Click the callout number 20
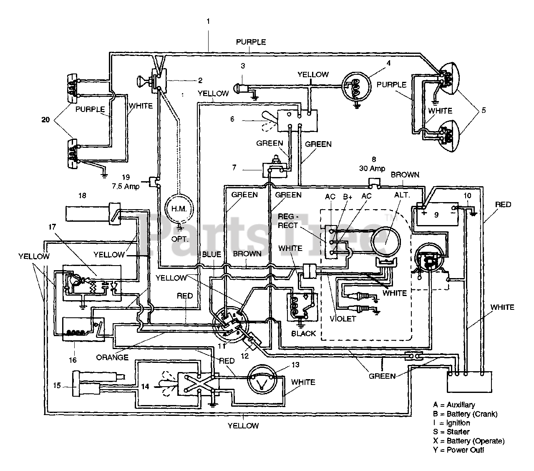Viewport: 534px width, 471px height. click(x=45, y=120)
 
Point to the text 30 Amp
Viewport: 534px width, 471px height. click(x=372, y=168)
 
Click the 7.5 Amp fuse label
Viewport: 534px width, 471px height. click(x=126, y=186)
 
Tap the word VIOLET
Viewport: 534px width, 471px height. click(x=343, y=319)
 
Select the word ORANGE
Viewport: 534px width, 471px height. click(x=112, y=357)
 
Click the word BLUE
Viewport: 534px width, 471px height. click(x=212, y=254)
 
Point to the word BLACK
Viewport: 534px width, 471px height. click(x=303, y=334)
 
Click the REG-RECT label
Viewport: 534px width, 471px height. click(x=288, y=221)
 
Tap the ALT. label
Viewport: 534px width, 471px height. click(x=402, y=195)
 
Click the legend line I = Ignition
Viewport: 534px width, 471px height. click(x=451, y=423)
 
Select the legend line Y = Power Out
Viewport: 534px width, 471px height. click(x=458, y=450)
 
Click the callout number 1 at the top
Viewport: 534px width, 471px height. click(x=208, y=21)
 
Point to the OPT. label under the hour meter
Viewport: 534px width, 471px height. click(x=180, y=239)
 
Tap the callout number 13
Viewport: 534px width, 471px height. click(x=295, y=365)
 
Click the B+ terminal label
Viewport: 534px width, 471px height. click(x=348, y=197)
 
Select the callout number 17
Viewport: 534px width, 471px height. click(x=52, y=227)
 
